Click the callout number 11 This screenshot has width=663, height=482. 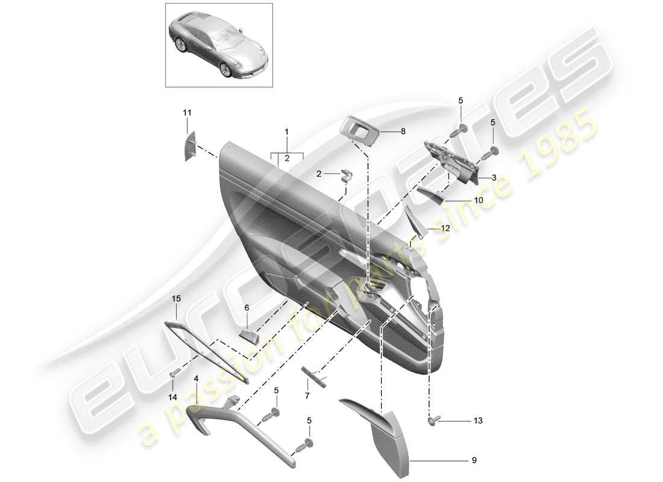tap(187, 113)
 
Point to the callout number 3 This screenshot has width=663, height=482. tap(493, 178)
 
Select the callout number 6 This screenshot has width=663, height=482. tap(247, 307)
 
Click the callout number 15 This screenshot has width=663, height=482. tap(176, 298)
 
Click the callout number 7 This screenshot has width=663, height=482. tap(306, 395)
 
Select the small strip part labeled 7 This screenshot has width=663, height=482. tap(315, 377)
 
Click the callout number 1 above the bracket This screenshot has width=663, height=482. tap(287, 131)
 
